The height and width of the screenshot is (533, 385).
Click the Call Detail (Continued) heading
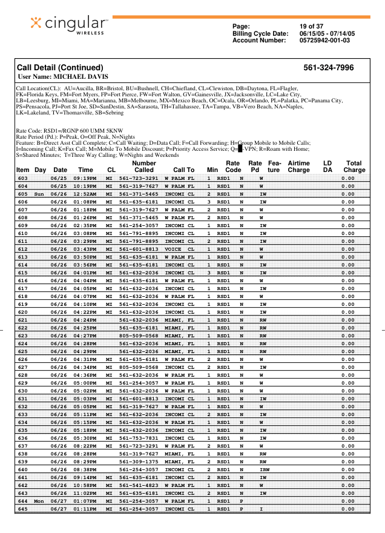60,68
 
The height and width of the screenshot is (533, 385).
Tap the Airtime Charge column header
298,167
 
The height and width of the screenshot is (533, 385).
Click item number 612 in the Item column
23,249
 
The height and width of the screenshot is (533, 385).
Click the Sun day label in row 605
39,194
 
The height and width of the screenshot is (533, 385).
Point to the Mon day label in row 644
39,501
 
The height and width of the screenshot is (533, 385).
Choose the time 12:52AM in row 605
85,194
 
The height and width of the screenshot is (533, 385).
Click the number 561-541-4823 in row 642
139,485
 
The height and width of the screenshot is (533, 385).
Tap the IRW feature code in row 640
265,469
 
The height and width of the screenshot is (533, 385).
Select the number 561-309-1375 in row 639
139,462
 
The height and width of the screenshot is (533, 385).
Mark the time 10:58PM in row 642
85,485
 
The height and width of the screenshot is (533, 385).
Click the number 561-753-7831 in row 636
139,438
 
